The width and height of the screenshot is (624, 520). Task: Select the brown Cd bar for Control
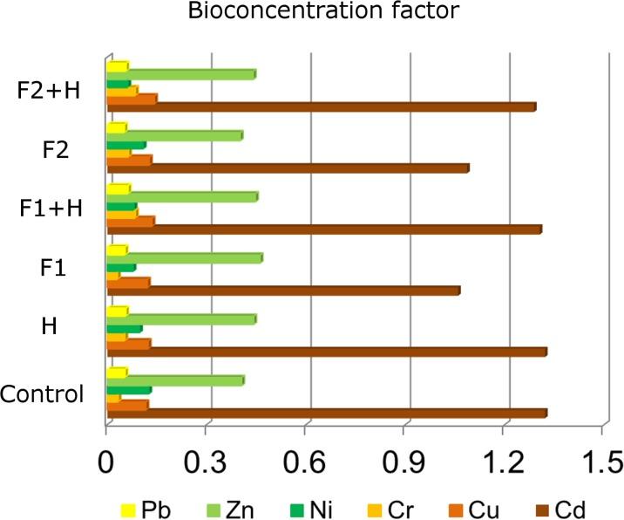coord(326,413)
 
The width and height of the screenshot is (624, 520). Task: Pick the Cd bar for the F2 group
coord(288,168)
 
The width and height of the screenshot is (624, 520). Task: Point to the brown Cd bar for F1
coord(282,291)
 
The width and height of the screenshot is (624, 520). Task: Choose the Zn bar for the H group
coord(180,319)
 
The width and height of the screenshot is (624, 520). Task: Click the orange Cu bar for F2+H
coord(132,99)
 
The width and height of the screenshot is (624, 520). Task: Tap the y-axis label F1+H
coord(50,209)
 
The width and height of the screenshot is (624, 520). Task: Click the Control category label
coord(42,393)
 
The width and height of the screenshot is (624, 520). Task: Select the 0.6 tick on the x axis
coord(305,459)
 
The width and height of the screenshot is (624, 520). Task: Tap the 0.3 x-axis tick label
coord(206,459)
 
